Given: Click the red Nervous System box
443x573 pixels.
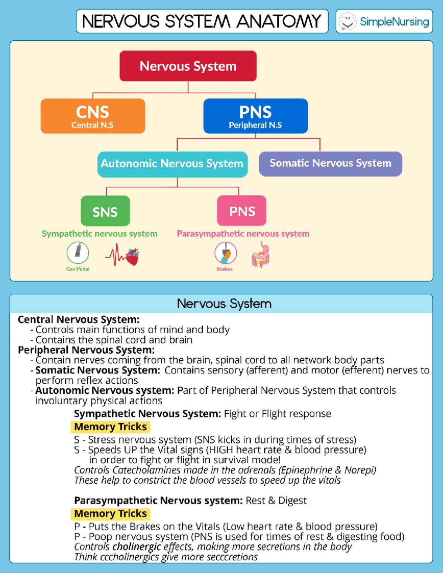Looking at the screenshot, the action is (188, 66).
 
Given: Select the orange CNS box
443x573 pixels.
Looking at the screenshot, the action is (93, 116).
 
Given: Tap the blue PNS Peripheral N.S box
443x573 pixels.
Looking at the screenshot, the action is (255, 116).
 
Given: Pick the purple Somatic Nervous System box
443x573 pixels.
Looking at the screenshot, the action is (330, 163).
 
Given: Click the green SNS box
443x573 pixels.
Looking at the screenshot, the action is (105, 211).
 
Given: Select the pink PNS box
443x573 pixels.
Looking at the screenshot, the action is (242, 211).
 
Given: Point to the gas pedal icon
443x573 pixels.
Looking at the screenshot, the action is (78, 252).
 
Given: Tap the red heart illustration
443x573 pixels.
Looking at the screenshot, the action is (133, 257).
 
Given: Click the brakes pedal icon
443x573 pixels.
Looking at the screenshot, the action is (226, 253).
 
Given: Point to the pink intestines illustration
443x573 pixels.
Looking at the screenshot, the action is (261, 255).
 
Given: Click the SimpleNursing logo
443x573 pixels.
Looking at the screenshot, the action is (384, 21).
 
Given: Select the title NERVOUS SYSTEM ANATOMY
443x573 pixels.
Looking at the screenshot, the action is (202, 21).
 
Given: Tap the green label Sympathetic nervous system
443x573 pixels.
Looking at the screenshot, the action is (99, 234).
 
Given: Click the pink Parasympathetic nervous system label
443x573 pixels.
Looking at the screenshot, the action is (243, 234).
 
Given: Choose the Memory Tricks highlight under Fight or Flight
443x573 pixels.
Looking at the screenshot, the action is (110, 427).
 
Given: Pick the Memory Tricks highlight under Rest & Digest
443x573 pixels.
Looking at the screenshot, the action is (110, 514).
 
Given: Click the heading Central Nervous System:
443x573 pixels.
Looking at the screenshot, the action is (79, 320).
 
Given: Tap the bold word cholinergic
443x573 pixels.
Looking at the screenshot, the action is (137, 547).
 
